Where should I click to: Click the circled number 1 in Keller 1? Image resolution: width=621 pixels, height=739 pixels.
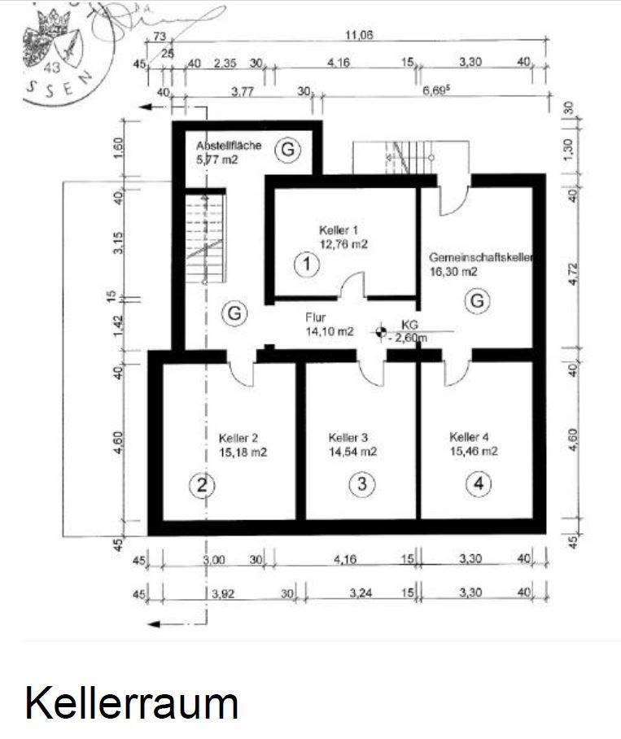(306, 264)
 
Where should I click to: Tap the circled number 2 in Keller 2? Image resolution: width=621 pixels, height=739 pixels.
(201, 486)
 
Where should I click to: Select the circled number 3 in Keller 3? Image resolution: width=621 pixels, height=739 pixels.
(362, 484)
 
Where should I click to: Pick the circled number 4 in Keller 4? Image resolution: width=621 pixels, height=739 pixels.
(479, 484)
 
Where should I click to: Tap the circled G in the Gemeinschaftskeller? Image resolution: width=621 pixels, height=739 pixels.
(478, 301)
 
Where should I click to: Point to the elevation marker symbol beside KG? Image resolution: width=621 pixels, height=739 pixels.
(380, 331)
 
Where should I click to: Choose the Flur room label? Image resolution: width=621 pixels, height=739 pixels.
(316, 318)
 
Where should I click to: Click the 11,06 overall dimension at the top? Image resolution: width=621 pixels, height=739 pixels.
(359, 35)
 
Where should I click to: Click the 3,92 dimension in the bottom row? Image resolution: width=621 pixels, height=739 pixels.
(224, 594)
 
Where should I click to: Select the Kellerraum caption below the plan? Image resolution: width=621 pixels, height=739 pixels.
(131, 702)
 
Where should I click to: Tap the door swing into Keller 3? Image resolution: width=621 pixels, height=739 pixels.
(373, 373)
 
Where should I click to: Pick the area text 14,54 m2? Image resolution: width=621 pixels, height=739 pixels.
(352, 450)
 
